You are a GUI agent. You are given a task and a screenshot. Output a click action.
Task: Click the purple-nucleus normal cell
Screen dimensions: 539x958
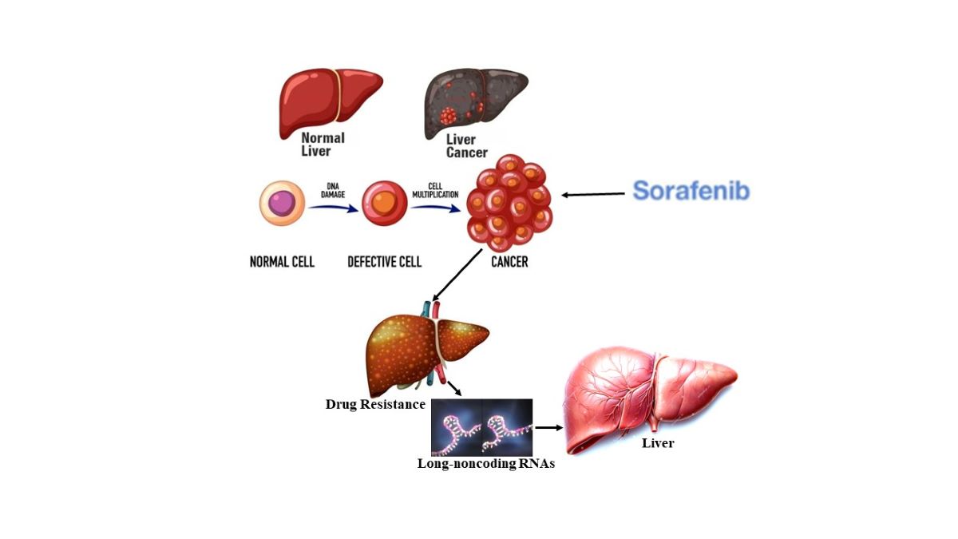[282, 204]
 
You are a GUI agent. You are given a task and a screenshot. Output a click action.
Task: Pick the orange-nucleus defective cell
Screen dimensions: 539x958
[385, 204]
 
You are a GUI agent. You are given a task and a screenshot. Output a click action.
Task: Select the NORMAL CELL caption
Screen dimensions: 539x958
[282, 261]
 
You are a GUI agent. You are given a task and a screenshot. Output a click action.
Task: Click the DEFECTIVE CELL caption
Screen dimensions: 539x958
[384, 261]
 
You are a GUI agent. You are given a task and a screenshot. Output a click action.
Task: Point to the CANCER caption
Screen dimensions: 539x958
[509, 261]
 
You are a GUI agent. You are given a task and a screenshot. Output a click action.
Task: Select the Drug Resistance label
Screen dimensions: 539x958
[375, 404]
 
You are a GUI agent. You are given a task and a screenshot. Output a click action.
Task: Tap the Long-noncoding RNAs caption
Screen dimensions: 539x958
[485, 463]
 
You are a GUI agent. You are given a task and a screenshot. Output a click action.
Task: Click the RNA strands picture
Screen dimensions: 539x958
[481, 427]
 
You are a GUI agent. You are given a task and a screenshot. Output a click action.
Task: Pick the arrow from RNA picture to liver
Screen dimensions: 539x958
[548, 427]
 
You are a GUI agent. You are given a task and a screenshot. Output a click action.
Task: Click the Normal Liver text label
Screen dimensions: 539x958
[323, 145]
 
